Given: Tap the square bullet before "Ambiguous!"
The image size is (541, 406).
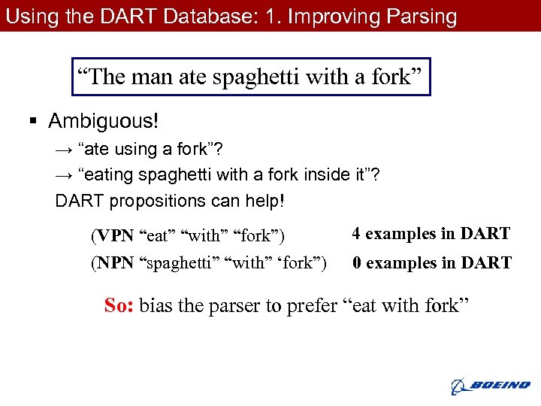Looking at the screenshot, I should click(x=35, y=121).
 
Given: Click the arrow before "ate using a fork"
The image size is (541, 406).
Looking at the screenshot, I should click(x=63, y=150).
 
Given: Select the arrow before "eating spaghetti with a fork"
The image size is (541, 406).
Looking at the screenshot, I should click(x=63, y=175).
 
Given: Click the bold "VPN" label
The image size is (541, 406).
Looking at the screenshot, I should click(x=115, y=236).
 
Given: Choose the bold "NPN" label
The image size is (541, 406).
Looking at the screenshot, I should click(x=115, y=264).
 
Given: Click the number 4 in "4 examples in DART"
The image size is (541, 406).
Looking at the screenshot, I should click(x=356, y=234).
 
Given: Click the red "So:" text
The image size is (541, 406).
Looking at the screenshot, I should click(x=119, y=305).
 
